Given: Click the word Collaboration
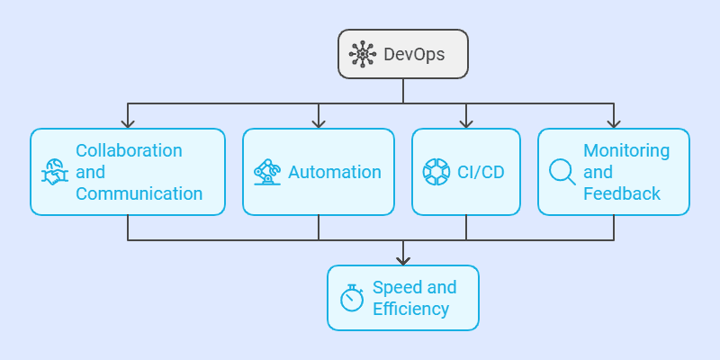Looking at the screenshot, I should [x=129, y=150].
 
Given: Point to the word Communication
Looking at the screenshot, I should [x=139, y=193].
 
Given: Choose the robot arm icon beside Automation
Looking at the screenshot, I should [x=267, y=172].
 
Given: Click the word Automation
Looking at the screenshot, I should [x=334, y=172].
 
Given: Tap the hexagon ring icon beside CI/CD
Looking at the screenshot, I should [x=436, y=172].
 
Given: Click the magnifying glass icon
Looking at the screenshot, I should [x=562, y=171].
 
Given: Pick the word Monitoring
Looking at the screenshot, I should [x=626, y=150].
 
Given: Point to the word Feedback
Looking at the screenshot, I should [x=622, y=193].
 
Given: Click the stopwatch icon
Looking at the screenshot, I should [x=352, y=297].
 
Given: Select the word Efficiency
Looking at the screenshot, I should [x=410, y=309].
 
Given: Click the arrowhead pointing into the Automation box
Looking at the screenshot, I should [x=319, y=123].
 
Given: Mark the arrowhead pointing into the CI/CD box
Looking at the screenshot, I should [x=466, y=123].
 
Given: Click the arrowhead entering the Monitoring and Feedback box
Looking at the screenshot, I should [x=614, y=123].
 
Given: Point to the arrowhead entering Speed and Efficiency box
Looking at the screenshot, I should [x=403, y=260].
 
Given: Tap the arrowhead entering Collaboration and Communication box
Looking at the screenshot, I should [x=128, y=123].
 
